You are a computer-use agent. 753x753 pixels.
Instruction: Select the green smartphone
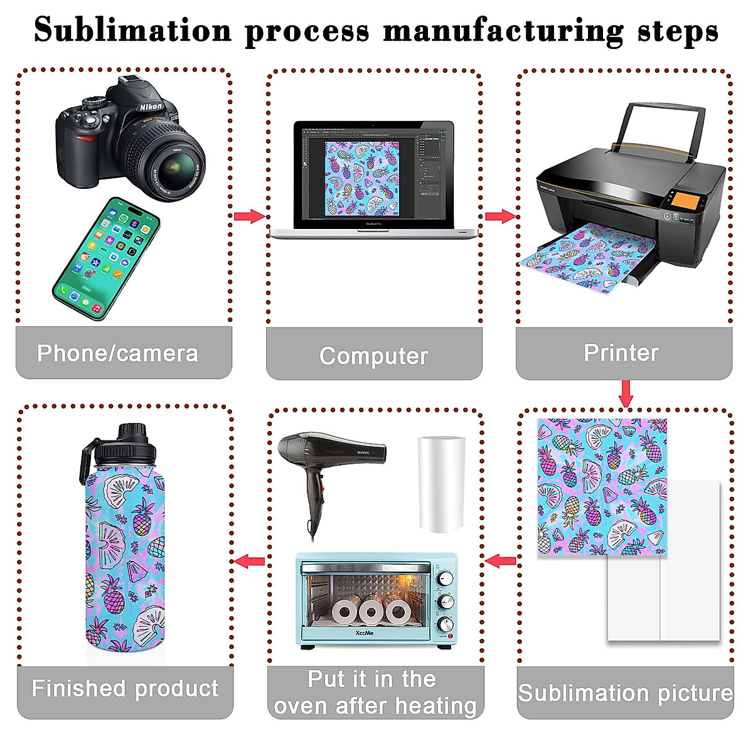(106, 258)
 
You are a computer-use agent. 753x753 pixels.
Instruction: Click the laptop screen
(373, 173)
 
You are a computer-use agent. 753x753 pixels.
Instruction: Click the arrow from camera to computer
(249, 216)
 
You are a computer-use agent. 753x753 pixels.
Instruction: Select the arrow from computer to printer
(500, 216)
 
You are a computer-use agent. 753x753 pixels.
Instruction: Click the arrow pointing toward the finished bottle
(250, 560)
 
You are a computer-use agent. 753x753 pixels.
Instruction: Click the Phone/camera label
(117, 353)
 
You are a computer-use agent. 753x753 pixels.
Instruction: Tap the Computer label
(374, 356)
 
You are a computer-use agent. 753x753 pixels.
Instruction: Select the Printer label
(621, 353)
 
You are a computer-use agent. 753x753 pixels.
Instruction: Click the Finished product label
(125, 688)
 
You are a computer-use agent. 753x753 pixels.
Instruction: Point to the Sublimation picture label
(625, 693)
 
